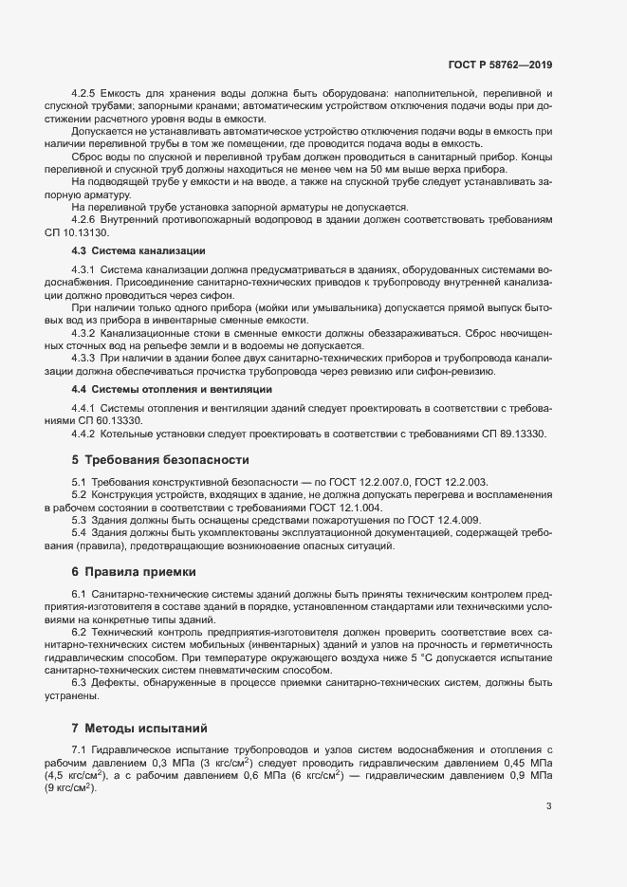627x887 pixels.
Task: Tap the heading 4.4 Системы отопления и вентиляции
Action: pos(158,389)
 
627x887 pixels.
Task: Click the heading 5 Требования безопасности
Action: pos(160,460)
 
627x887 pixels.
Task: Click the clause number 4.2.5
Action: pos(85,94)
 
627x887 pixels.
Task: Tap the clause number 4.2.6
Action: pos(85,219)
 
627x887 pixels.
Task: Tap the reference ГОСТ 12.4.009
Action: pos(444,520)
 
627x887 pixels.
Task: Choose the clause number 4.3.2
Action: pos(85,332)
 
